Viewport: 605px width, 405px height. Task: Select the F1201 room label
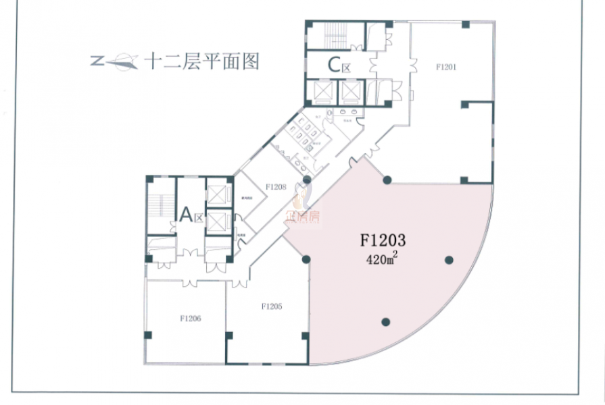pos(447,67)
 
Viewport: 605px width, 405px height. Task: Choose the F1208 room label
pos(276,187)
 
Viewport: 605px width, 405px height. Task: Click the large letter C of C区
pos(333,65)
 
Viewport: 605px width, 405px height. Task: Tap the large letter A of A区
pos(186,215)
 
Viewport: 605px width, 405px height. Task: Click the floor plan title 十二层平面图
pos(202,62)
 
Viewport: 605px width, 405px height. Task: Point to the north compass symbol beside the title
pos(114,63)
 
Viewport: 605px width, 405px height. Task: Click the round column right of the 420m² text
pos(449,260)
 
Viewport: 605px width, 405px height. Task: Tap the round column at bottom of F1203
pos(385,322)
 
